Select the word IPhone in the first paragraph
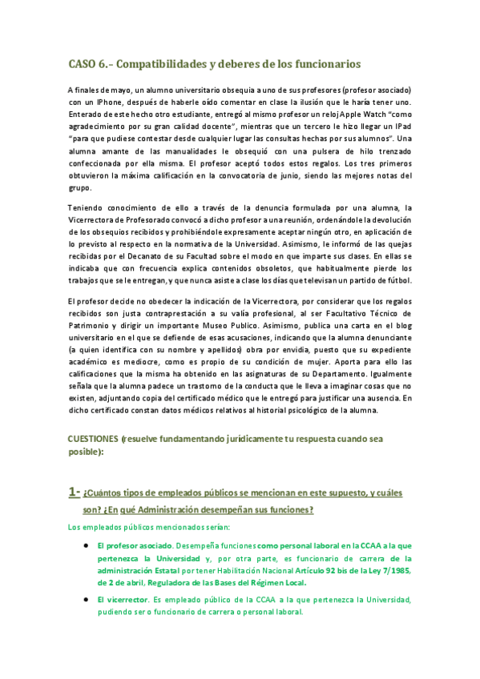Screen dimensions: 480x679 click(x=111, y=103)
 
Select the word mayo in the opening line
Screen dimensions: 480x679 click(x=115, y=90)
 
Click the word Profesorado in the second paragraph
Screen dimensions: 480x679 click(x=149, y=220)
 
